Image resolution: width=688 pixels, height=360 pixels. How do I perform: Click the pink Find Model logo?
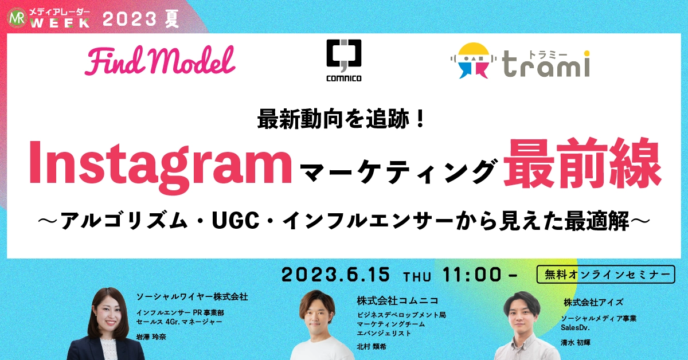(160, 61)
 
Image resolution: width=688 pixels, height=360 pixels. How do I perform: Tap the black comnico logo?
(343, 60)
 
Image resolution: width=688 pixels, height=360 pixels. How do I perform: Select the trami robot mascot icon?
(474, 60)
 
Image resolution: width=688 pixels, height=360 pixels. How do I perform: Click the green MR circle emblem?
(17, 19)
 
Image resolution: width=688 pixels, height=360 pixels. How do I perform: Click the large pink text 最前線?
(583, 163)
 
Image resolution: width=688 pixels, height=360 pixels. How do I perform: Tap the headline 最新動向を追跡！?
(341, 119)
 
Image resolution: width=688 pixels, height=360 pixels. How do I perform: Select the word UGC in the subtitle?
(236, 220)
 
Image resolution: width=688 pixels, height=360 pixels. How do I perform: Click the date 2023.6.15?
(336, 275)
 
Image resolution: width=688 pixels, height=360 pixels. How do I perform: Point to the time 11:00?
(472, 275)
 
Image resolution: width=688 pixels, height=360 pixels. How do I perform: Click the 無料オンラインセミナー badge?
(605, 274)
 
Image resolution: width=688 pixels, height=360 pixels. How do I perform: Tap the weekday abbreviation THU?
(417, 277)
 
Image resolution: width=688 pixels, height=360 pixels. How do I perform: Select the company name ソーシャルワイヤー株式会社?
(192, 297)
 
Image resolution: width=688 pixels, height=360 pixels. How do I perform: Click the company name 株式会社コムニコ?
(398, 300)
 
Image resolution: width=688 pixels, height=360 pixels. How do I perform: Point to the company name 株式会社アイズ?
(593, 302)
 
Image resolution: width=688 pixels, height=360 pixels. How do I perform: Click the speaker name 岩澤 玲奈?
(151, 336)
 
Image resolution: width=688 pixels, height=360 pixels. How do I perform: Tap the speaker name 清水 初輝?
(576, 342)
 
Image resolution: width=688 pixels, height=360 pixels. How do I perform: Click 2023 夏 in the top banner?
(141, 19)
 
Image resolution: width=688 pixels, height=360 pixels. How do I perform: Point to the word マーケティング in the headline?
(398, 172)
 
